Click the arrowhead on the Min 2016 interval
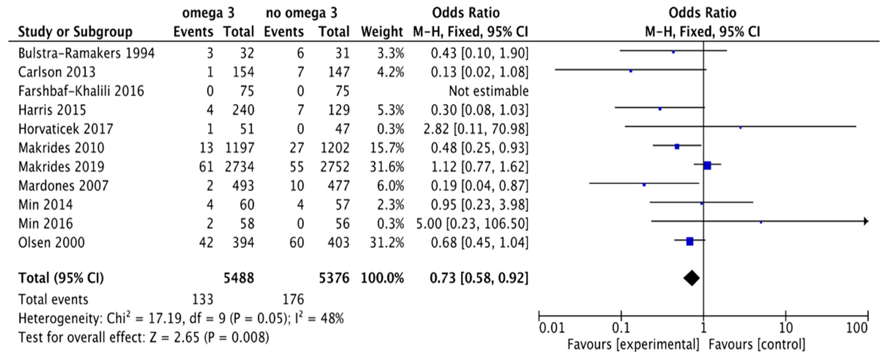pos(866,221)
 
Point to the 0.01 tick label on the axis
pos(552,327)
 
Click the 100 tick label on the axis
pos(857,327)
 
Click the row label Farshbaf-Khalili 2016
pos(81,91)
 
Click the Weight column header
pos(382,32)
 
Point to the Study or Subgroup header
pos(75,32)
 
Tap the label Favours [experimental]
pos(633,344)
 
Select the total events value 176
pos(293,299)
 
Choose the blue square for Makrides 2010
pos(677,147)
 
